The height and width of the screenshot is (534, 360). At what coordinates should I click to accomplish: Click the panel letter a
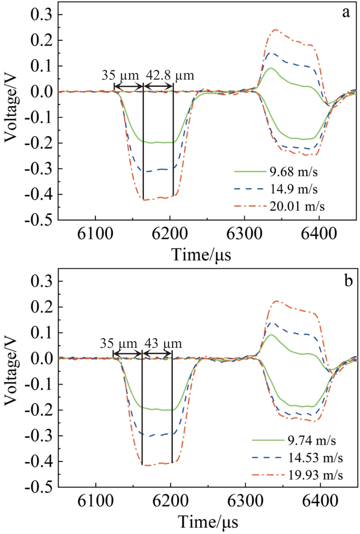coord(345,13)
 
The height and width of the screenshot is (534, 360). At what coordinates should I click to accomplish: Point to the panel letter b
coord(345,280)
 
